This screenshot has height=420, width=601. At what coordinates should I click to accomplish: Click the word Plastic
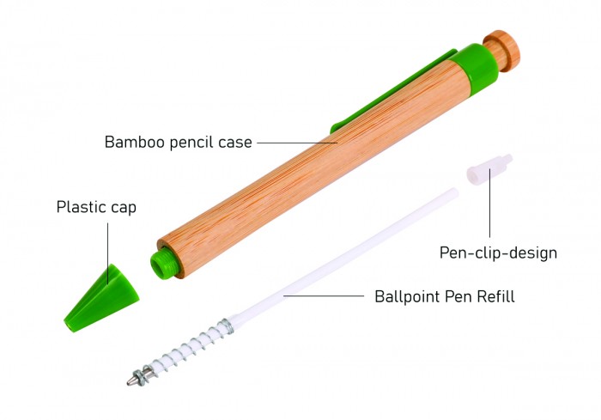click(82, 207)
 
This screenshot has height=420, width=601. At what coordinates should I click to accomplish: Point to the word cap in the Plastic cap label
click(124, 209)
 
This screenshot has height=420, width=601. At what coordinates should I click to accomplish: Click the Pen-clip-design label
click(498, 253)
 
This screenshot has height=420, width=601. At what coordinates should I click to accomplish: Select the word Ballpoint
click(408, 297)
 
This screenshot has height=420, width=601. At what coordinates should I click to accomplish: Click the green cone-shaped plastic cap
click(101, 298)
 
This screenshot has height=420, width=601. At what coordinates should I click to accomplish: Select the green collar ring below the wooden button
click(475, 69)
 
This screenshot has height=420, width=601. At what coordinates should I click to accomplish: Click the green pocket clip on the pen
click(391, 92)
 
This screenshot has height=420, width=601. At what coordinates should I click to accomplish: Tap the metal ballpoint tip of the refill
click(132, 380)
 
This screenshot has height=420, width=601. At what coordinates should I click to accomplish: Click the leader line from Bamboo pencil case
click(297, 143)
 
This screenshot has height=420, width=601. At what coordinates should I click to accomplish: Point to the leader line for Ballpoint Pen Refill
click(324, 296)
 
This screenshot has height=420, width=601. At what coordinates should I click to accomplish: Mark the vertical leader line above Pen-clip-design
click(489, 204)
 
